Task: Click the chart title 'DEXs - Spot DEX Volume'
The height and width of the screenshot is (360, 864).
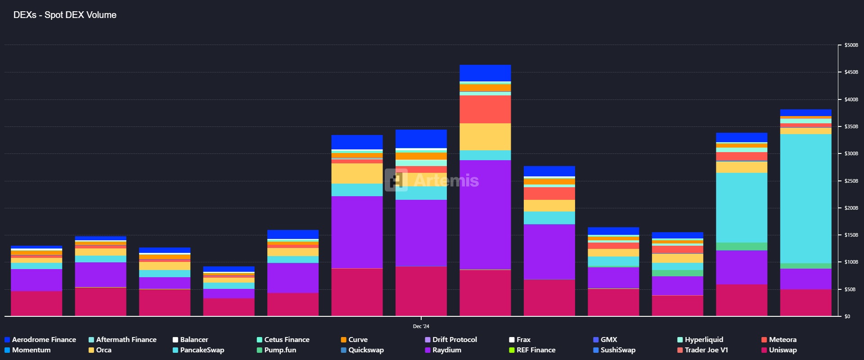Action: (x=65, y=15)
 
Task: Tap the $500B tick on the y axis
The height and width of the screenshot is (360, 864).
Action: (x=851, y=45)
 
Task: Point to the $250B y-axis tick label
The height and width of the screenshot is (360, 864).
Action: (x=851, y=181)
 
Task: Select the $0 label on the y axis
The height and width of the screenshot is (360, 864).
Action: (x=847, y=316)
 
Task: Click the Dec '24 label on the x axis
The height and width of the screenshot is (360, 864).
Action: (x=421, y=326)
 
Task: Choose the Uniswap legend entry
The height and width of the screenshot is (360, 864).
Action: (x=783, y=350)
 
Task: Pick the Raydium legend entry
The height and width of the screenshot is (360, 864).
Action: (x=446, y=350)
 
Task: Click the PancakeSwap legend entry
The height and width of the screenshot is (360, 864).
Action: (x=202, y=350)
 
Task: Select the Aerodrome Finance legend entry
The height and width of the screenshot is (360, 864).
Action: (x=44, y=340)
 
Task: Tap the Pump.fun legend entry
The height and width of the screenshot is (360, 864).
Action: (x=280, y=350)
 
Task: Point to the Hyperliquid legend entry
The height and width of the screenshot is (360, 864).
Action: (x=704, y=340)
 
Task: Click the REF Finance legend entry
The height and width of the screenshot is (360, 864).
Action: (x=535, y=350)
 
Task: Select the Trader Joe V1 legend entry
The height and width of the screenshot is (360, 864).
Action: (x=706, y=350)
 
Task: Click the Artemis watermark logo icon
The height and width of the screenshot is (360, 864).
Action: (x=396, y=180)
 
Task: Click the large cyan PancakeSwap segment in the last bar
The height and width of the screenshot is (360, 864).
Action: (x=805, y=198)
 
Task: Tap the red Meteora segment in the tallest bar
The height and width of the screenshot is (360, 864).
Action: (x=485, y=109)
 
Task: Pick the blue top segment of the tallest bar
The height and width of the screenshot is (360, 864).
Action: (x=485, y=73)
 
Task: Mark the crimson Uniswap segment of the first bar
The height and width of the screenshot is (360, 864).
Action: (x=36, y=303)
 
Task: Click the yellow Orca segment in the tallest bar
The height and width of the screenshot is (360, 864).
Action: (x=485, y=137)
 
